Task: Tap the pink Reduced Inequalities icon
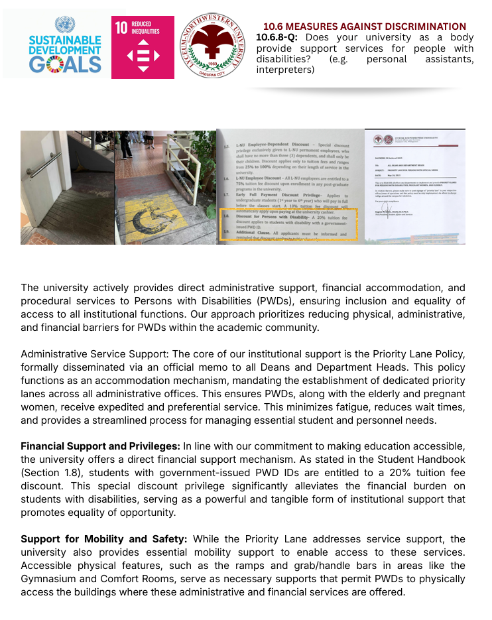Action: click(x=143, y=47)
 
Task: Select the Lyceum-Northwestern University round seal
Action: click(x=212, y=46)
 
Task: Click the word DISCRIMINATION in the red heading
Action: click(x=426, y=27)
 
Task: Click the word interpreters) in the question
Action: click(x=285, y=69)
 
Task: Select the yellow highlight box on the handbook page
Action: click(x=288, y=223)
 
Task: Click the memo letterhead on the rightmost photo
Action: click(x=414, y=140)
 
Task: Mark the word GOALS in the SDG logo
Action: click(x=65, y=64)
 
